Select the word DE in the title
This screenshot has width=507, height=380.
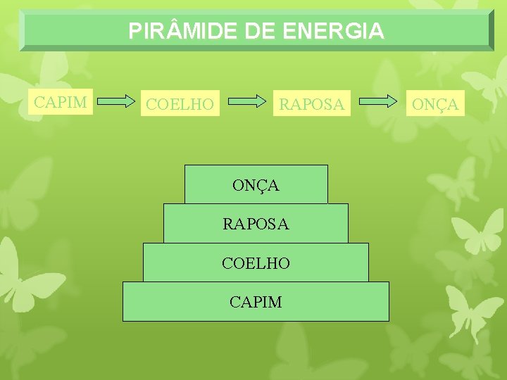pos(263,31)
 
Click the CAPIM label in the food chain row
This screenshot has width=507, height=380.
pos(61,102)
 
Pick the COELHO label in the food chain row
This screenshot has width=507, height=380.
pos(179,105)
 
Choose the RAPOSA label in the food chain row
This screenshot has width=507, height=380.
pos(312,105)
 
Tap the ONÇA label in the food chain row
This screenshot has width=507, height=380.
pos(435,105)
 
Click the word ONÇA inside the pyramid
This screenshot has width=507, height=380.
pos(256,186)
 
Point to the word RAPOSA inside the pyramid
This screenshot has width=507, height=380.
pos(256,224)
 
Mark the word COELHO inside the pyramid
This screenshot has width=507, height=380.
pos(256,263)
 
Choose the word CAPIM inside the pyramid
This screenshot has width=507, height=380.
pos(256,303)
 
